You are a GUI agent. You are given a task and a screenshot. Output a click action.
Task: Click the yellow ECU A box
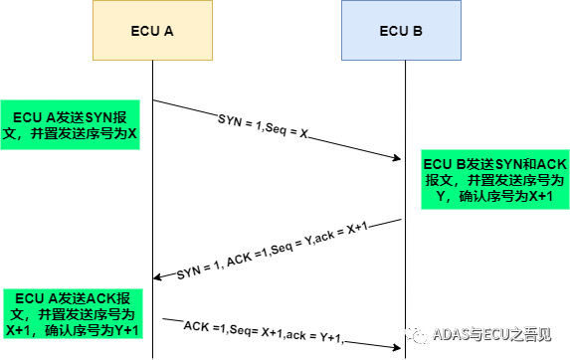pyautogui.click(x=152, y=30)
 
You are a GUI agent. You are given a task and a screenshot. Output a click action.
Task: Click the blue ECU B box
pyautogui.click(x=401, y=30)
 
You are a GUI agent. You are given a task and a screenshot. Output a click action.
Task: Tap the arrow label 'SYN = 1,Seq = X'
pyautogui.click(x=264, y=126)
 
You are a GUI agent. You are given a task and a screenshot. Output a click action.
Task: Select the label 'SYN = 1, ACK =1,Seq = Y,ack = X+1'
pyautogui.click(x=273, y=251)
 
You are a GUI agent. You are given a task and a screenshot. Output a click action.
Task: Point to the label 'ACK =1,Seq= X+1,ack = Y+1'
pyautogui.click(x=264, y=332)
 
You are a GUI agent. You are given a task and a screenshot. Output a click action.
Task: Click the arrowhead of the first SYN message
pyautogui.click(x=396, y=158)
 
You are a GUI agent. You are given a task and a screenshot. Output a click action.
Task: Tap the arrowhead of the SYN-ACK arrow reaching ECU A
pyautogui.click(x=158, y=277)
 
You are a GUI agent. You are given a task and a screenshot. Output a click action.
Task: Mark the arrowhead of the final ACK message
pyautogui.click(x=396, y=348)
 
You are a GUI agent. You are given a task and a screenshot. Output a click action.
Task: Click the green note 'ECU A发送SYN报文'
pyautogui.click(x=71, y=124)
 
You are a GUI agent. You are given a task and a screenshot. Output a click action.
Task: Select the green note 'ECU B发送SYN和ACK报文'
pyautogui.click(x=495, y=179)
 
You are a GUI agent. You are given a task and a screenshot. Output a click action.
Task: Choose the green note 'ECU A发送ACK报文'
pyautogui.click(x=73, y=314)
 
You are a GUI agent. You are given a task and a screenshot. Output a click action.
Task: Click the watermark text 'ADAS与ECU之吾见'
pyautogui.click(x=491, y=334)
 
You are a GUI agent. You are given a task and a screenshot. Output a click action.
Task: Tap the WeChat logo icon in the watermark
pyautogui.click(x=417, y=334)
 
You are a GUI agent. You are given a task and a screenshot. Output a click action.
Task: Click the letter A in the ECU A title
pyautogui.click(x=168, y=31)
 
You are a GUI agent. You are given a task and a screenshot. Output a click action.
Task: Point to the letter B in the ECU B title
pyautogui.click(x=418, y=31)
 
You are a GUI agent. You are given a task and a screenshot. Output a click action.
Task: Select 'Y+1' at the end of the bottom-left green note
pyautogui.click(x=126, y=330)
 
